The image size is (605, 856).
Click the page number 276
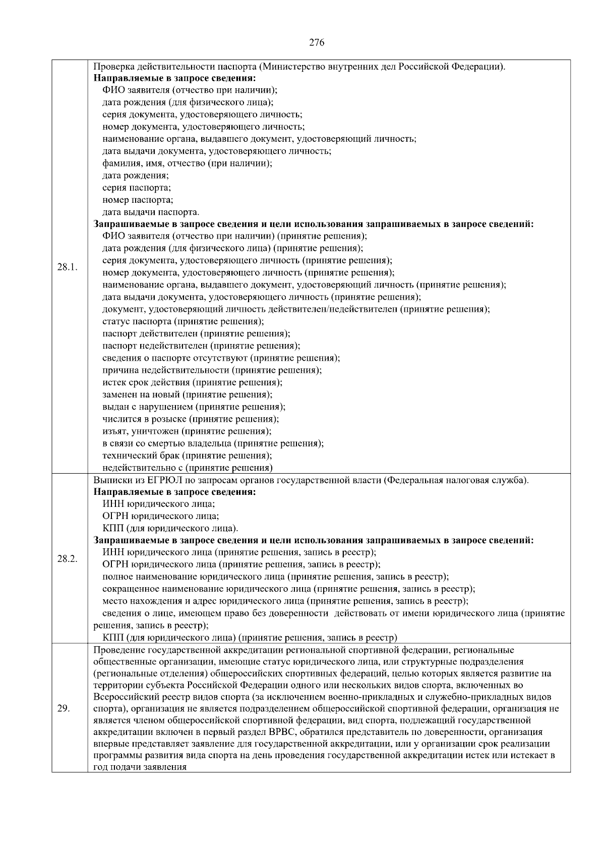coord(316,43)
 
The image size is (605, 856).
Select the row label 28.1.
coord(67,266)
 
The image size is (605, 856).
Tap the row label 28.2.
coord(67,559)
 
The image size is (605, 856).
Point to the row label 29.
coord(64,708)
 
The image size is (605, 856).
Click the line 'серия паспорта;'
coord(137,188)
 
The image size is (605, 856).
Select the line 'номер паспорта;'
coord(138,200)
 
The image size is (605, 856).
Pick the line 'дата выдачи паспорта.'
coord(151,212)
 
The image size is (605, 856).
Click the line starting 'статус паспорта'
coord(183,321)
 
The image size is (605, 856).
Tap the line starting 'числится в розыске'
coord(191,419)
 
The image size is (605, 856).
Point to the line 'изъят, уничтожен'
coord(187,431)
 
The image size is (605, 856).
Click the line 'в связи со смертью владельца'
coord(213,443)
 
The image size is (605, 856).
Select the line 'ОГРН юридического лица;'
coord(160,516)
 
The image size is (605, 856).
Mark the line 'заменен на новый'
coord(187,394)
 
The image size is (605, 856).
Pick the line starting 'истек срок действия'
coord(192,382)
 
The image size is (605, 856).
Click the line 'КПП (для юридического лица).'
coord(170,528)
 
